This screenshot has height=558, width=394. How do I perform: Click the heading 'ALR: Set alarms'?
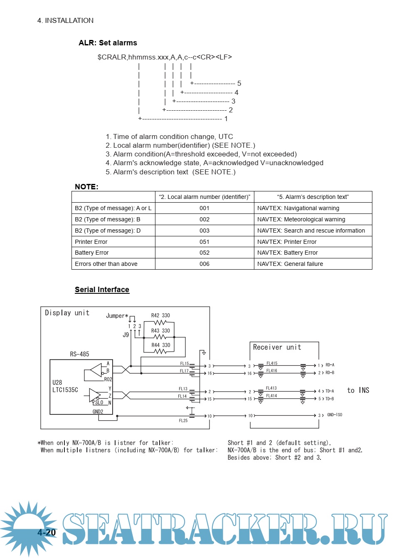click(108, 43)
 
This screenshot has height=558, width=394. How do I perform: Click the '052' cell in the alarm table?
click(204, 253)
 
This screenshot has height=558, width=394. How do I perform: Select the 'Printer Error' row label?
click(91, 242)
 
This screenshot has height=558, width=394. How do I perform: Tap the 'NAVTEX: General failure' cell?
click(290, 264)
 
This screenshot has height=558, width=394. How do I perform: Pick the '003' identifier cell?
click(204, 231)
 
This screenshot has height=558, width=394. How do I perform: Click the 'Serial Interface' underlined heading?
click(102, 290)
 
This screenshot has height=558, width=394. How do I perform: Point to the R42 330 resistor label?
click(160, 315)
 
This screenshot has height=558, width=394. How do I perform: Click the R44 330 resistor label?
click(160, 345)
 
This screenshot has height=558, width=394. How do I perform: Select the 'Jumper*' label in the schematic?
click(117, 316)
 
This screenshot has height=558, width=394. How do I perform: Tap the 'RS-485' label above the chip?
click(79, 354)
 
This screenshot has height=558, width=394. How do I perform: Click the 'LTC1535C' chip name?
click(65, 390)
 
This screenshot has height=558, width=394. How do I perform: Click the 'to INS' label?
click(358, 390)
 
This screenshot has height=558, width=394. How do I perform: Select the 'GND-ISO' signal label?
click(335, 415)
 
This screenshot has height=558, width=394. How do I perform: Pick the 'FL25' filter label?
click(183, 421)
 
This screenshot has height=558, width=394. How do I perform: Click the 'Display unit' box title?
click(67, 313)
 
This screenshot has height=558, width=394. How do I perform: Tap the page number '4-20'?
click(47, 533)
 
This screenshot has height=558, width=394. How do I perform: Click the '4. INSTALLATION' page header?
click(65, 20)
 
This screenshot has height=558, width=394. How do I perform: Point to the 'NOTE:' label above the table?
click(86, 187)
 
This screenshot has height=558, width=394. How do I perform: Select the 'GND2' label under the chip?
click(98, 412)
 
